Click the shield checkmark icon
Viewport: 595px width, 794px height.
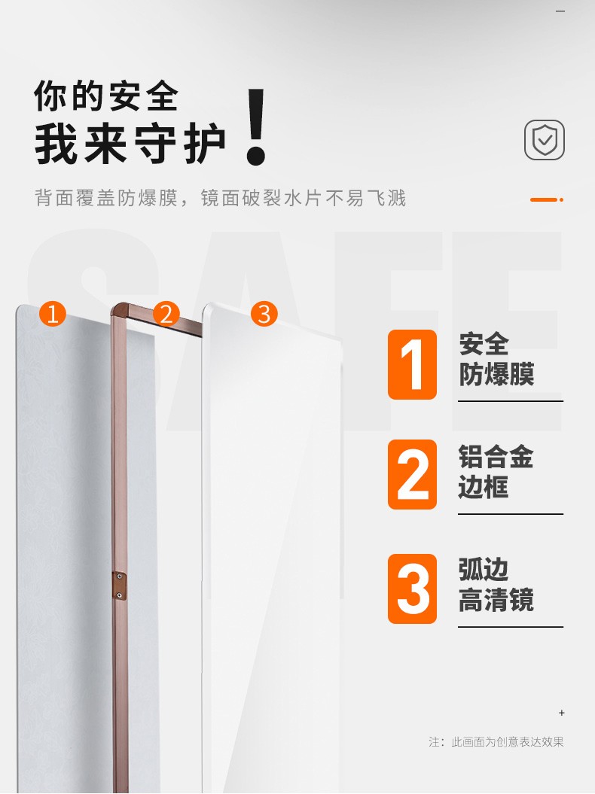(545, 140)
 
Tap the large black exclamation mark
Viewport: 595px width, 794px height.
(256, 126)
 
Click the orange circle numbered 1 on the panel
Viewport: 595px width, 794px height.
(53, 313)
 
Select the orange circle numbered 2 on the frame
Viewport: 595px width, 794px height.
(166, 313)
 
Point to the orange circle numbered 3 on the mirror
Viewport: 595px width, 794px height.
(264, 313)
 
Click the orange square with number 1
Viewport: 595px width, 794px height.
(412, 364)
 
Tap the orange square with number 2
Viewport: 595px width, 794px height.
(412, 474)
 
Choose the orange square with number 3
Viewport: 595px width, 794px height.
(412, 589)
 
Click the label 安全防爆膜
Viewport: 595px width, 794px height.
(496, 359)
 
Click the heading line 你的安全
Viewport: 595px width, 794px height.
(106, 96)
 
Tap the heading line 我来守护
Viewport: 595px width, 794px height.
(130, 144)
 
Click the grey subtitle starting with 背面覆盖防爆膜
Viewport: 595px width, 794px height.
(221, 198)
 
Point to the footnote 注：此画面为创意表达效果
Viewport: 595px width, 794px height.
(496, 742)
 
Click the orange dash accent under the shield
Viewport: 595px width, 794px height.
(547, 199)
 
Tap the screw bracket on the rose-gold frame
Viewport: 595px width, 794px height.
(119, 587)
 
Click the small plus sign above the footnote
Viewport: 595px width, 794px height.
(562, 713)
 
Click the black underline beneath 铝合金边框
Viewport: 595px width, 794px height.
(511, 514)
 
